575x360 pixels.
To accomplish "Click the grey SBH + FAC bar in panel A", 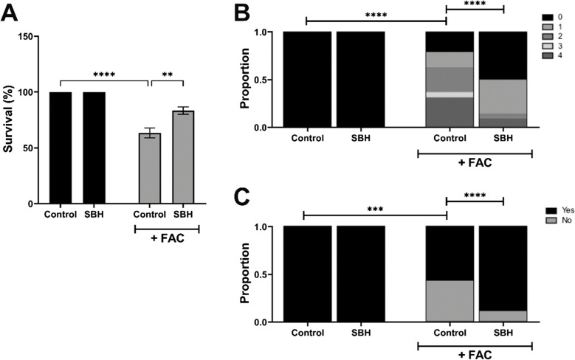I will point(183,156).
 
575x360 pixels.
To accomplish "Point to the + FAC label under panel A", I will point(166,243).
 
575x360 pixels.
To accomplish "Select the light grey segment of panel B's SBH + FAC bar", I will point(502,96).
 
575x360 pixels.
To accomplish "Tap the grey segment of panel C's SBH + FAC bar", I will point(502,316).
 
